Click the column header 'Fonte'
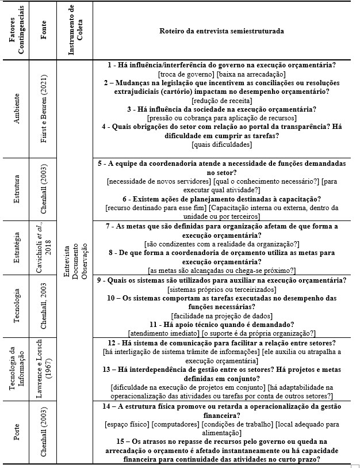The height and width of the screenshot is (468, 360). pyautogui.click(x=44, y=31)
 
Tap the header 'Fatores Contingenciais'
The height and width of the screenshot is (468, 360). pyautogui.click(x=17, y=31)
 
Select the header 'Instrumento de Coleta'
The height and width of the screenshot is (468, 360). pyautogui.click(x=72, y=31)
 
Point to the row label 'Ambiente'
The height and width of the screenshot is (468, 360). pyautogui.click(x=17, y=108)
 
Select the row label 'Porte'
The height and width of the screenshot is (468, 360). pyautogui.click(x=17, y=433)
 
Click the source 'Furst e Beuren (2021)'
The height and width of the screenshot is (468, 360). pyautogui.click(x=44, y=108)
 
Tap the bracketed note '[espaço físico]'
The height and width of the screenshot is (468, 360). pyautogui.click(x=124, y=424)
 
